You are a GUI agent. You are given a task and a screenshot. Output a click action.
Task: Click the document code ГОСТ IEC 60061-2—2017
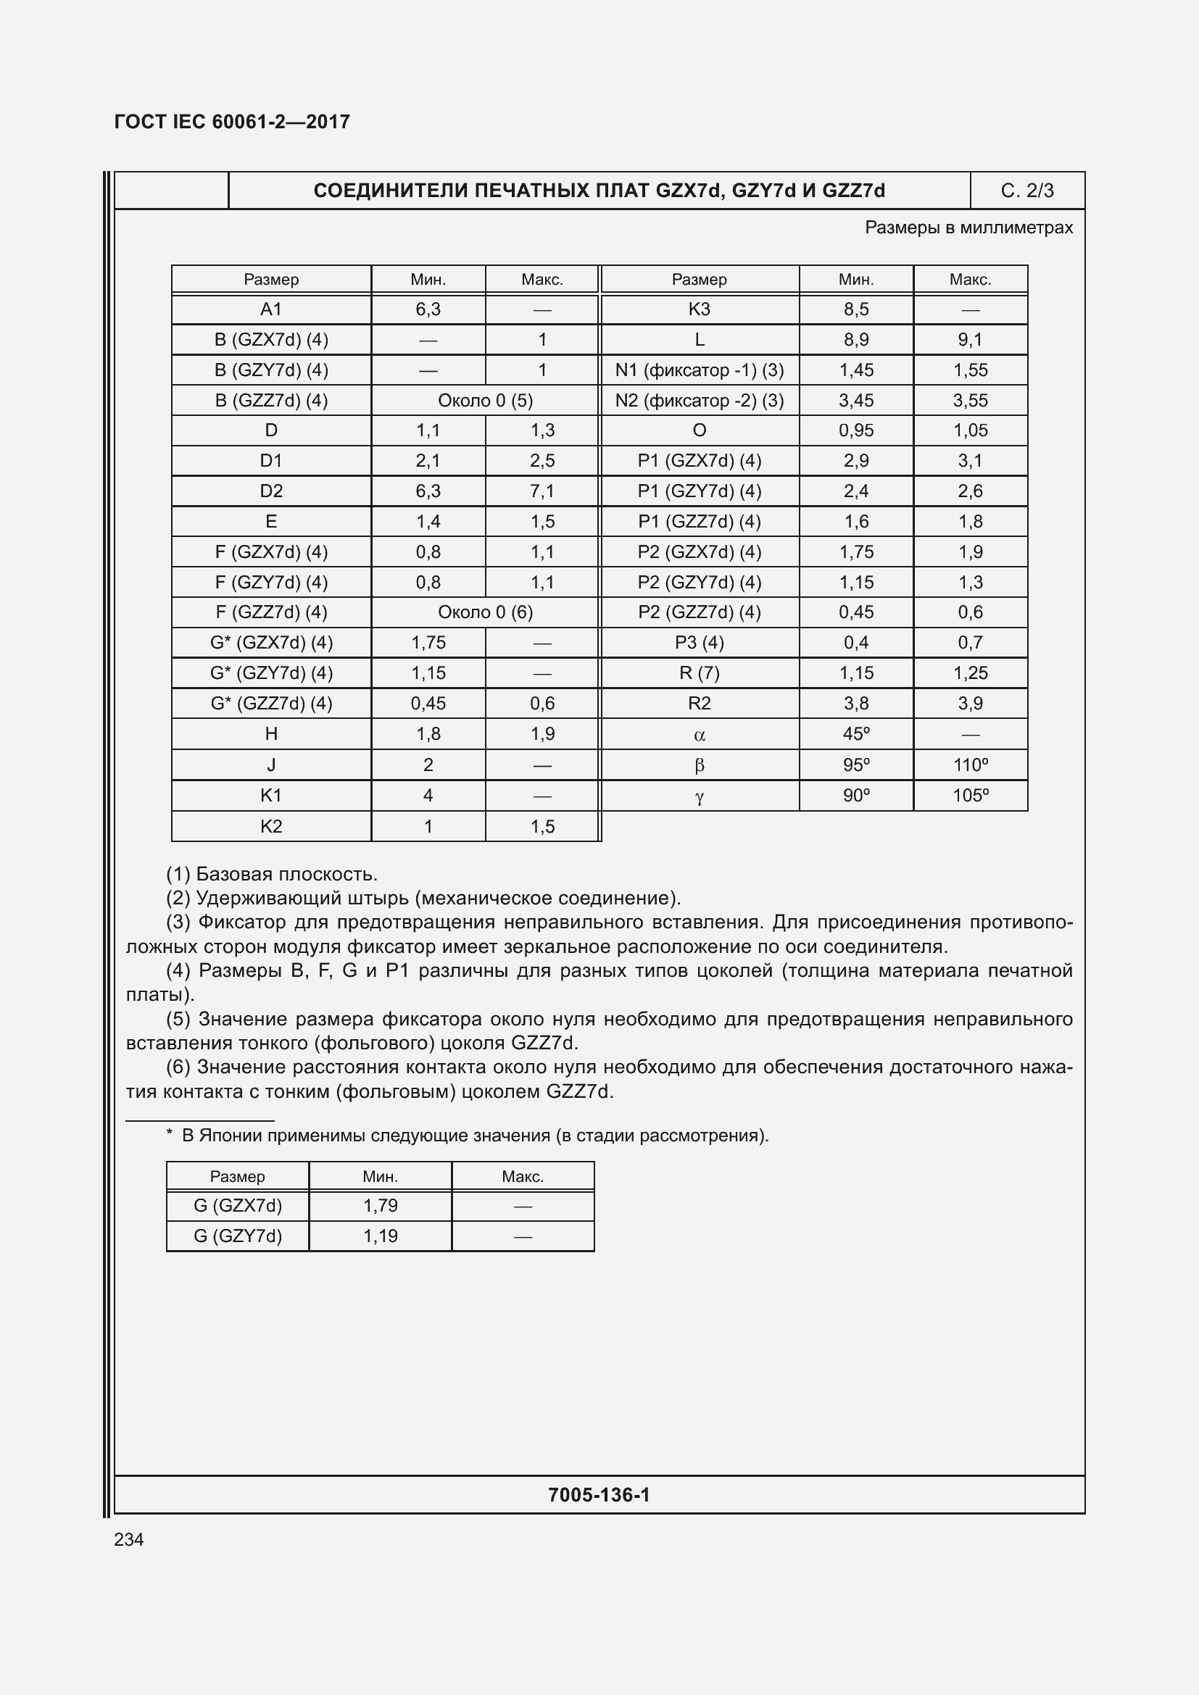(x=232, y=122)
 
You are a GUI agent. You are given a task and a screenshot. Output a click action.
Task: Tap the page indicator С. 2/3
(x=1027, y=191)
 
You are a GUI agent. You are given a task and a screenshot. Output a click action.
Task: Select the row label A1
(x=271, y=309)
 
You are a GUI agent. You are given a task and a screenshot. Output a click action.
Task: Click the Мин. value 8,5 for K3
(x=855, y=309)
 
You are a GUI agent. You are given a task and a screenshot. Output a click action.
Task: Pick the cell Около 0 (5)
(x=485, y=400)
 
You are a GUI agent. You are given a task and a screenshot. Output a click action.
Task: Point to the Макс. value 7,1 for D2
(x=542, y=491)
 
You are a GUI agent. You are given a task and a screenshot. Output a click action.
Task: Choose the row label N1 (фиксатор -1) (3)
(x=699, y=370)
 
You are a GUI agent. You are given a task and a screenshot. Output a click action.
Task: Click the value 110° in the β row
(x=970, y=765)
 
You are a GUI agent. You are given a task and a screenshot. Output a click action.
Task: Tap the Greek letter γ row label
(x=699, y=796)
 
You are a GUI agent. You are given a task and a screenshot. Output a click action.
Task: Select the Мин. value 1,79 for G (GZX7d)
(x=381, y=1206)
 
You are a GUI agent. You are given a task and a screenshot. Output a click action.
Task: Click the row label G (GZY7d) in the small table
(x=238, y=1236)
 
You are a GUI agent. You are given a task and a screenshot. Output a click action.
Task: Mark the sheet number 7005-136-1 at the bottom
(x=599, y=1495)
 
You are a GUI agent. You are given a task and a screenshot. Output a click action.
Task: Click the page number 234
(x=129, y=1539)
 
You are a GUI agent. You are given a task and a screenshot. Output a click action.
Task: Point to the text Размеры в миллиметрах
(x=968, y=228)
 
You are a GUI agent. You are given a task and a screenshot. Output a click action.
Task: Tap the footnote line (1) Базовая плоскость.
(x=272, y=874)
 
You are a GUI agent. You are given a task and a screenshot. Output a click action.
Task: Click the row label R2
(x=699, y=704)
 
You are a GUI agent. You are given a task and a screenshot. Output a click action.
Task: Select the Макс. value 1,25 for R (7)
(x=970, y=673)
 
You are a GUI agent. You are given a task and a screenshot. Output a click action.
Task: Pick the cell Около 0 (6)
(x=485, y=612)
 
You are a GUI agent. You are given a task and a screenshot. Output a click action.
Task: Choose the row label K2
(x=271, y=826)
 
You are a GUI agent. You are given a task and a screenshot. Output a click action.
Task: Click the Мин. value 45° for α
(x=855, y=734)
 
